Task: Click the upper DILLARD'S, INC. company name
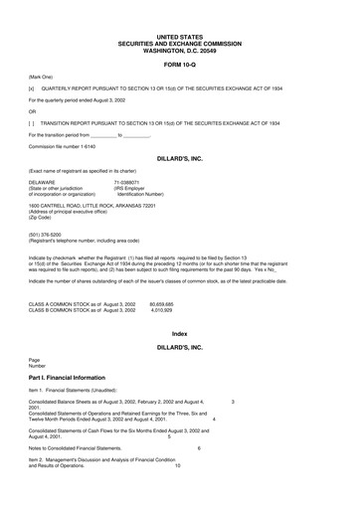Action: (x=180, y=158)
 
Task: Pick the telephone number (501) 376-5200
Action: (x=46, y=236)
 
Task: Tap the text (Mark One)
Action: (x=41, y=75)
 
